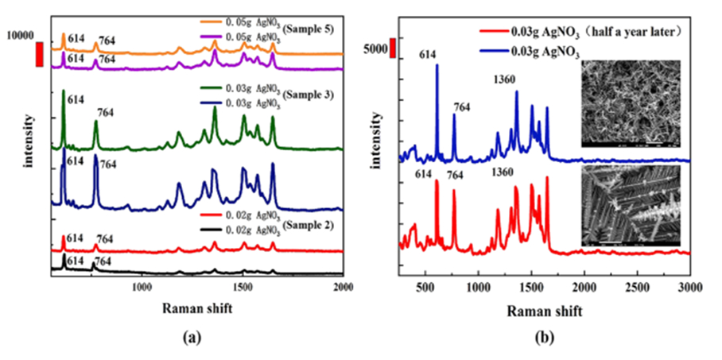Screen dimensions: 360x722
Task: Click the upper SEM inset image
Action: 631,103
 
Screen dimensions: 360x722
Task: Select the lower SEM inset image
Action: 631,204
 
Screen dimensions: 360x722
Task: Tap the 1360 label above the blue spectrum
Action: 504,80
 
